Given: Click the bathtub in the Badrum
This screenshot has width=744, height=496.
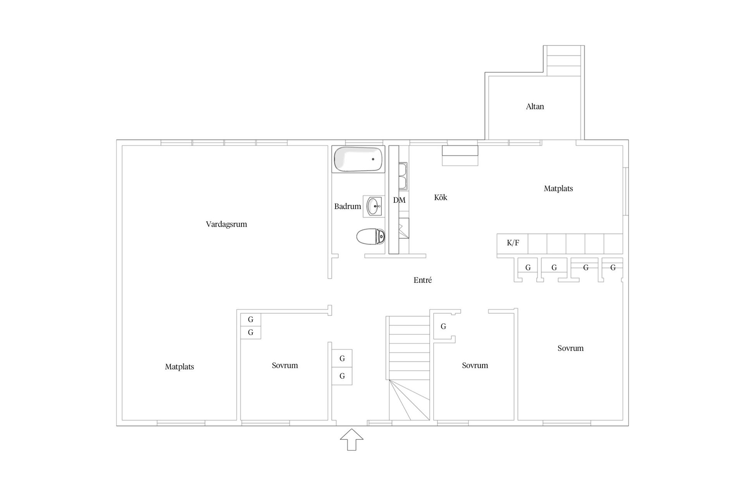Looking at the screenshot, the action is click(x=358, y=159).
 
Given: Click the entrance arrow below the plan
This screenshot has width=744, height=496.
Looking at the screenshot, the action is click(x=352, y=440).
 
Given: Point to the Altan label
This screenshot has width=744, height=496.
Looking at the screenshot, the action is click(x=535, y=107).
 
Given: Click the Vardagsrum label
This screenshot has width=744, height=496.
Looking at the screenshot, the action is click(x=226, y=224).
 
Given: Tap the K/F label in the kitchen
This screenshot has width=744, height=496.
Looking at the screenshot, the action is click(x=513, y=243).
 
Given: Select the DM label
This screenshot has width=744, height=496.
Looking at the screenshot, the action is click(x=399, y=200).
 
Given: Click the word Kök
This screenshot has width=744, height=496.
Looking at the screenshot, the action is click(x=441, y=197).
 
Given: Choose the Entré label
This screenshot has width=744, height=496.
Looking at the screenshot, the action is click(x=422, y=280).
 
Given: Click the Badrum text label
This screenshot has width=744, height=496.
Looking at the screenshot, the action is click(x=348, y=206).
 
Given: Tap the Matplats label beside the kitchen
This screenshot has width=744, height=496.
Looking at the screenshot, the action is click(x=558, y=189).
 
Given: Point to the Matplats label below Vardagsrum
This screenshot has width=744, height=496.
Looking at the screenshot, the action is click(x=179, y=367).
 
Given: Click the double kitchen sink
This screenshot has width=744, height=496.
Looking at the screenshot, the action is click(x=403, y=177).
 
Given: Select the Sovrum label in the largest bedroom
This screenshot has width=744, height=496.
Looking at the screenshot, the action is click(x=570, y=348).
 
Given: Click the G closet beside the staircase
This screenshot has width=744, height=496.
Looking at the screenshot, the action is click(x=444, y=326).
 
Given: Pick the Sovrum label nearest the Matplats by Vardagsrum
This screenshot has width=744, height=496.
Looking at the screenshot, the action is click(x=285, y=365).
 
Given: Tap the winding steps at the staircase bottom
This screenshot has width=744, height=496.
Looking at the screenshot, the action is click(x=410, y=400).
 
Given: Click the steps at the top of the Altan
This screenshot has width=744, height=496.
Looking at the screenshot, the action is click(x=564, y=61).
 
